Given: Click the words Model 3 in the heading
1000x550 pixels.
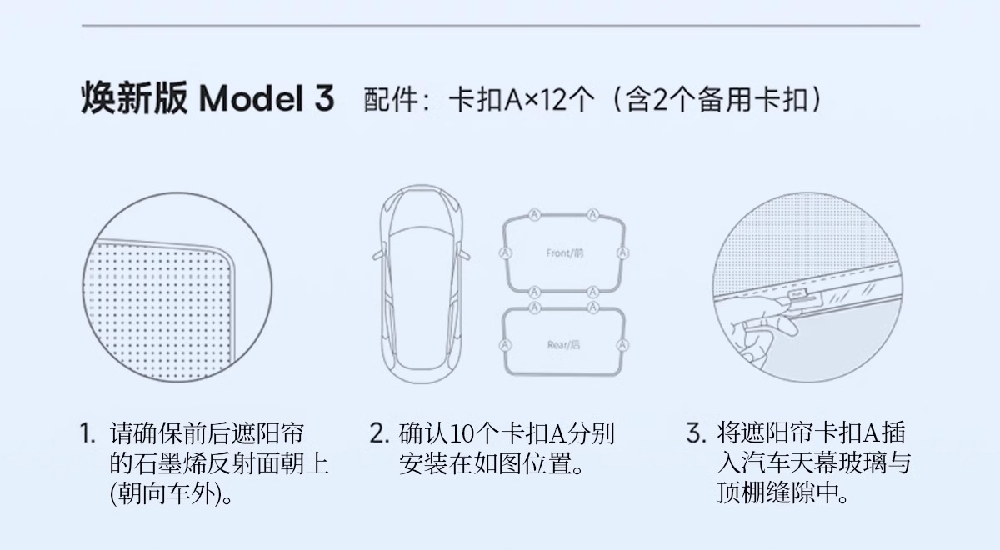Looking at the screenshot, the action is (267, 98).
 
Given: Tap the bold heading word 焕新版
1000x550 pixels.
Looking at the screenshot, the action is (134, 98).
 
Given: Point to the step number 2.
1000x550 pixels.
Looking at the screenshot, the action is (380, 433).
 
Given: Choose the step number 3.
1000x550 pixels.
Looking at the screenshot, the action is (697, 433).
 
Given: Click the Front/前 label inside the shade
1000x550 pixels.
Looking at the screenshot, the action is (565, 253).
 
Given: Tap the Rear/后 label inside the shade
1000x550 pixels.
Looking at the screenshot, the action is (564, 345).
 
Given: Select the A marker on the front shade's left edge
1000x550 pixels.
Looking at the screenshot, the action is (505, 253).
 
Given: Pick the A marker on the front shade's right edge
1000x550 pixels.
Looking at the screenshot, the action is (622, 253).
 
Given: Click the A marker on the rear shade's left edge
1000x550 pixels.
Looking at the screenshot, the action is (505, 345).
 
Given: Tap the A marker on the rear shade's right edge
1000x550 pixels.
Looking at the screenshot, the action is (622, 345).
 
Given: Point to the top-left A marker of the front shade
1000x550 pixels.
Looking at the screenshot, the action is (534, 215).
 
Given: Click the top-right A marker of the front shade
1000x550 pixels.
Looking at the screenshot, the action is (592, 215).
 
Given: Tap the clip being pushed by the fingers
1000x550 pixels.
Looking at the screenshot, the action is (797, 295).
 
